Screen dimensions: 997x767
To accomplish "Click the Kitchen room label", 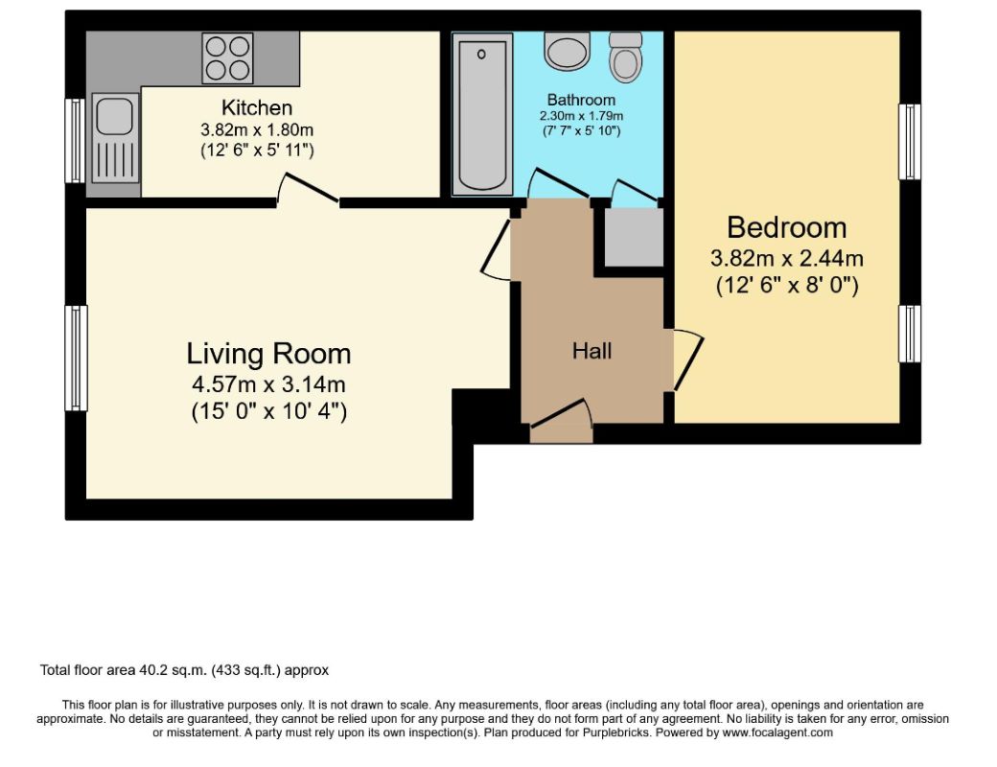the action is tap(257, 107).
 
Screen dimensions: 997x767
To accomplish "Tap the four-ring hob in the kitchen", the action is tap(227, 58).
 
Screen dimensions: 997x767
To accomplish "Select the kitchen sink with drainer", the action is tap(116, 138).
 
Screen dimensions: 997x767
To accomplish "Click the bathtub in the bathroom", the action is tap(482, 114).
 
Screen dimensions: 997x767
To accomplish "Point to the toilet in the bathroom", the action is tap(626, 57).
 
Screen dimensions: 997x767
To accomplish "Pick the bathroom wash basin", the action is tap(568, 51).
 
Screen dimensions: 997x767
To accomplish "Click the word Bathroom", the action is tap(581, 100).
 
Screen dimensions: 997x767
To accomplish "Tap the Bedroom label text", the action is tap(786, 227).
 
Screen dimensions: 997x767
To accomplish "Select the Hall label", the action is tap(592, 351).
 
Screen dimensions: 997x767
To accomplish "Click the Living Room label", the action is tap(268, 354).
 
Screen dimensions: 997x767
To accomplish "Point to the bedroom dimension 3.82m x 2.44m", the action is tap(786, 259).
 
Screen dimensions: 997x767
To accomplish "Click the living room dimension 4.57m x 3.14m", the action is tap(268, 384).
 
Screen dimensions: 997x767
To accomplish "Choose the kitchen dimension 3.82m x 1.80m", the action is tap(257, 130).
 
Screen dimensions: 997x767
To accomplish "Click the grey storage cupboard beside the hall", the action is tap(634, 237).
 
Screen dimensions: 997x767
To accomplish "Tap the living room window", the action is tap(77, 358).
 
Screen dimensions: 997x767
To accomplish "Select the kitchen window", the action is tap(76, 141).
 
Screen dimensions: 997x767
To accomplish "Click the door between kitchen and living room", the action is tap(308, 188).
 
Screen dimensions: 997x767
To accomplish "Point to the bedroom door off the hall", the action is tap(686, 360).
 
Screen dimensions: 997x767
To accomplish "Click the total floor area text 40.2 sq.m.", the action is tap(184, 670).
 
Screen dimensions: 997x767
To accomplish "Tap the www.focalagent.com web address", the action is tap(777, 732).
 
